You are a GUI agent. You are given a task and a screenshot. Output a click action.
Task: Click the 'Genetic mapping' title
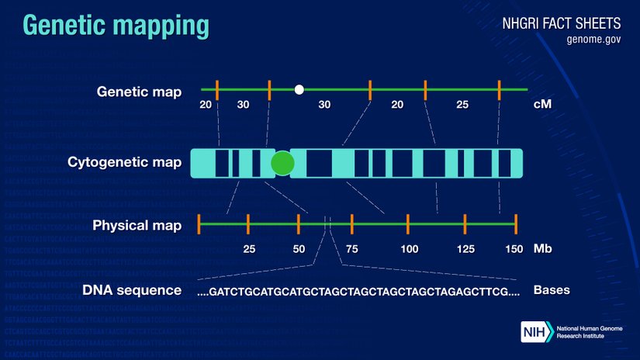coord(116,26)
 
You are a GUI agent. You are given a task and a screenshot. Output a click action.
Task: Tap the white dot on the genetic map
coord(299,89)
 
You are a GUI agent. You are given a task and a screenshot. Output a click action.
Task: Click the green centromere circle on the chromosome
coord(282,163)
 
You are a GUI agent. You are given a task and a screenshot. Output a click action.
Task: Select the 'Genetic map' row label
coord(139,92)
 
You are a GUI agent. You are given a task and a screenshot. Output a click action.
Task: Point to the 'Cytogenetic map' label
coord(124,162)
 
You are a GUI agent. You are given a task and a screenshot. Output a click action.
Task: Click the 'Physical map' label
coord(137,225)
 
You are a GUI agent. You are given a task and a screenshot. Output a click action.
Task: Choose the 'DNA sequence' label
coord(132,290)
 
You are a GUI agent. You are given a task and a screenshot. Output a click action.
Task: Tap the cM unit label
coord(542,104)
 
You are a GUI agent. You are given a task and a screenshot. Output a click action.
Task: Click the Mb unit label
coord(542,248)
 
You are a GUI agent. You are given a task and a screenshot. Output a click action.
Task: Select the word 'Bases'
coord(552,290)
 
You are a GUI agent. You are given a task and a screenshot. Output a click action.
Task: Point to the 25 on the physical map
coord(249,249)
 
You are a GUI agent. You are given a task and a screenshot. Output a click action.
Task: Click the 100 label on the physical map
coord(409,249)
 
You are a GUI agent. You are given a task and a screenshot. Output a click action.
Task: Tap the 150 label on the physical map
coord(514,249)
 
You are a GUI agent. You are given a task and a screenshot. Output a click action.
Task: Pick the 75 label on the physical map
coord(352,249)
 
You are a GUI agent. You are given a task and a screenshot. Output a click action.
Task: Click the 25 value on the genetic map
coord(462,105)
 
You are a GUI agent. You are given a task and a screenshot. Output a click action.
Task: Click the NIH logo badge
coord(537,331)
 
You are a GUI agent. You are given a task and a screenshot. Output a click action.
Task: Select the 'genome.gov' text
coord(593,40)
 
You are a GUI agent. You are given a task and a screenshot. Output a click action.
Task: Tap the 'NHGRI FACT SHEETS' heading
coord(561,23)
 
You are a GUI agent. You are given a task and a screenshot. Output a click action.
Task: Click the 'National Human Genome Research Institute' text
coord(590,332)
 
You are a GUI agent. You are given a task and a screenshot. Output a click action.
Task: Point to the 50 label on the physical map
coord(299,249)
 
